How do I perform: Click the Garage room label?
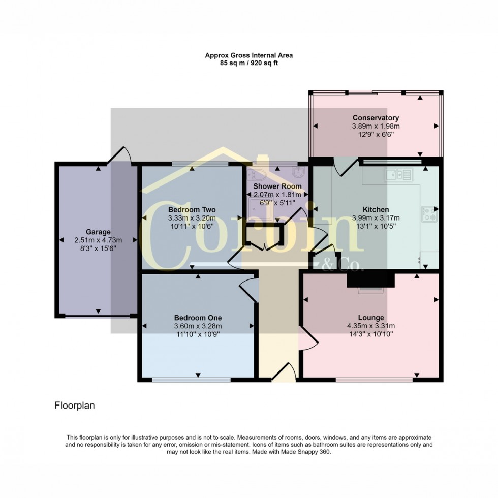[98, 232]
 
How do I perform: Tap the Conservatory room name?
[376, 118]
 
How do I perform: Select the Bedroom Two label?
[192, 209]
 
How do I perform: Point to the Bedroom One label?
[198, 318]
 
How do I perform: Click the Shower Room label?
[277, 186]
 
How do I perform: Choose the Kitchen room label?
[376, 209]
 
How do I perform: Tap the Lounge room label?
[371, 318]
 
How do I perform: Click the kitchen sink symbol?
[398, 175]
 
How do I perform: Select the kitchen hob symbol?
[429, 214]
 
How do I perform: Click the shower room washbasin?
[299, 172]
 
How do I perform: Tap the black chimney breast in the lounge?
[370, 280]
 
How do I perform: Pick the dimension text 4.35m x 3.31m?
[371, 326]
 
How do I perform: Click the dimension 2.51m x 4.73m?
[98, 240]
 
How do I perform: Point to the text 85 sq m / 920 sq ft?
[249, 63]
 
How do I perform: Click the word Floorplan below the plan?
[75, 406]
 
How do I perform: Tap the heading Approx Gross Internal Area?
[249, 55]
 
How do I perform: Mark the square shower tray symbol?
[260, 208]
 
